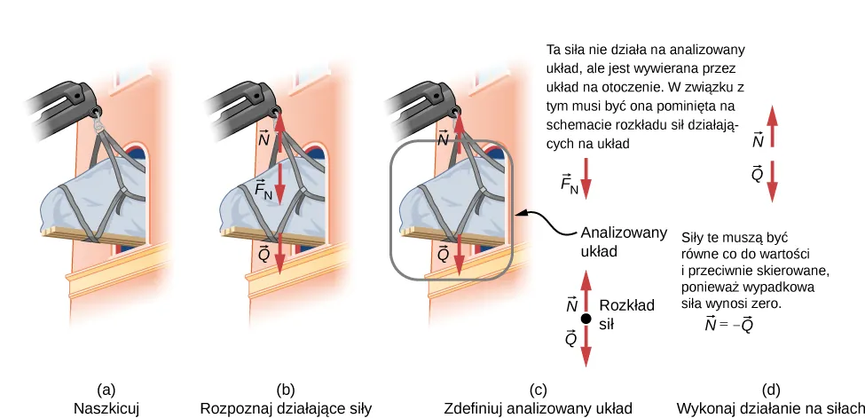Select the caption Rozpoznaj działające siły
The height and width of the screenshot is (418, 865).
coord(285,408)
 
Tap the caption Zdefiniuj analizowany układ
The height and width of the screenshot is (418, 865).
coord(538,408)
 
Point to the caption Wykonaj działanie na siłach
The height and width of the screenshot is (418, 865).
coord(770,408)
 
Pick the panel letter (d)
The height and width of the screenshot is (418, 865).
coord(771,390)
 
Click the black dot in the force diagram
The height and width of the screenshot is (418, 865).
coord(586,319)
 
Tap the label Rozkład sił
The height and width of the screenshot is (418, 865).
coord(626,314)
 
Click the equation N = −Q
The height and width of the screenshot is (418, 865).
coord(730,324)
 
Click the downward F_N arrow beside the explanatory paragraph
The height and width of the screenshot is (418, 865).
coord(586,177)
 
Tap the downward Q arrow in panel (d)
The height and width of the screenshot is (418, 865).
coord(772,181)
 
